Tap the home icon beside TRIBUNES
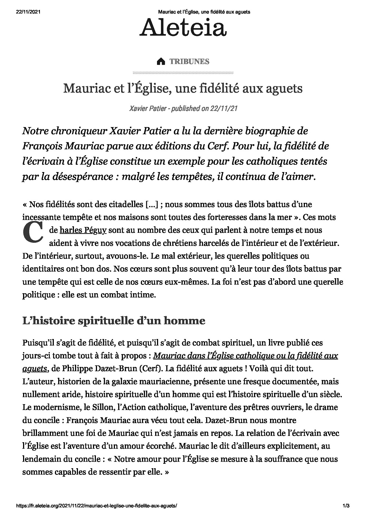[x=161, y=62]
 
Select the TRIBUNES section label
[x=189, y=62]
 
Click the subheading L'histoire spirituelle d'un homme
[x=114, y=321]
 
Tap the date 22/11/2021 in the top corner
[x=28, y=12]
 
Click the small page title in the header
[x=204, y=12]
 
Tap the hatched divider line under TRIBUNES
[x=183, y=72]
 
